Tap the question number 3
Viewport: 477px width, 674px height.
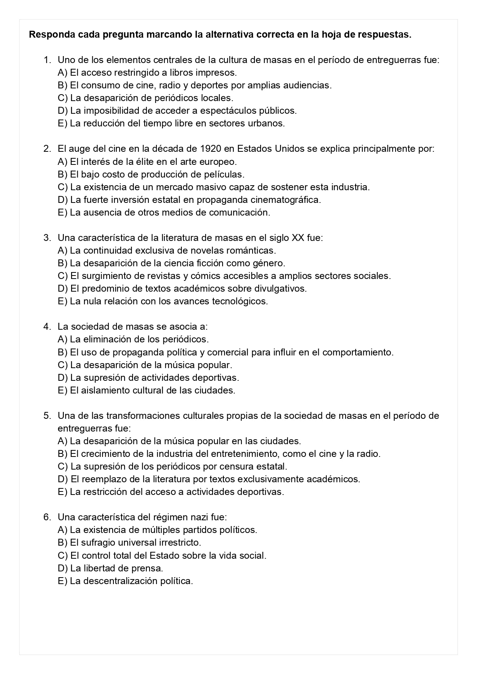47,238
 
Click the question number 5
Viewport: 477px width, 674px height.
47,416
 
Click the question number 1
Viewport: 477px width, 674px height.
47,60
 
